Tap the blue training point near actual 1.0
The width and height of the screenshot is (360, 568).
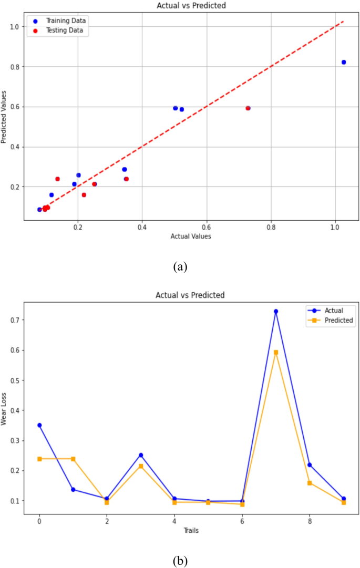point(344,62)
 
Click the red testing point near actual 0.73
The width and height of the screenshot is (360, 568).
point(248,108)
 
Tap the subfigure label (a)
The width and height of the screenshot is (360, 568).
point(180,266)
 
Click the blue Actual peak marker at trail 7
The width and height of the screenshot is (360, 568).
point(276,311)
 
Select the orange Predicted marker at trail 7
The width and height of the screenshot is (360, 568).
point(276,352)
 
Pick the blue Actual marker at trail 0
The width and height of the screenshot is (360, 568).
point(39,425)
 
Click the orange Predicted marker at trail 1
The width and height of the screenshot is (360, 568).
point(73,459)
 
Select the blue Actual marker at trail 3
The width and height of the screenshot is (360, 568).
point(141,455)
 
